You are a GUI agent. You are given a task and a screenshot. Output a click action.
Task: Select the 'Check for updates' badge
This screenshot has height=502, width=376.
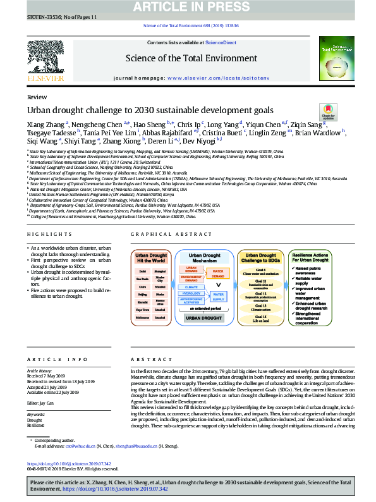coord(329,113)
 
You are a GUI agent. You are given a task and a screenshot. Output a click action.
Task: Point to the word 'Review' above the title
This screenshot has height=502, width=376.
coord(37,98)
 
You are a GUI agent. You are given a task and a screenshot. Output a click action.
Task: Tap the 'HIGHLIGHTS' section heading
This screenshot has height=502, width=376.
coord(45,233)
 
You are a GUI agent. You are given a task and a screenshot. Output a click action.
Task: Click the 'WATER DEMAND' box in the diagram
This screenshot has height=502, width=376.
coord(219,272)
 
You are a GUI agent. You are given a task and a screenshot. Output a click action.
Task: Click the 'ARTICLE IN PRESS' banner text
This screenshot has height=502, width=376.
coord(188,7)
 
